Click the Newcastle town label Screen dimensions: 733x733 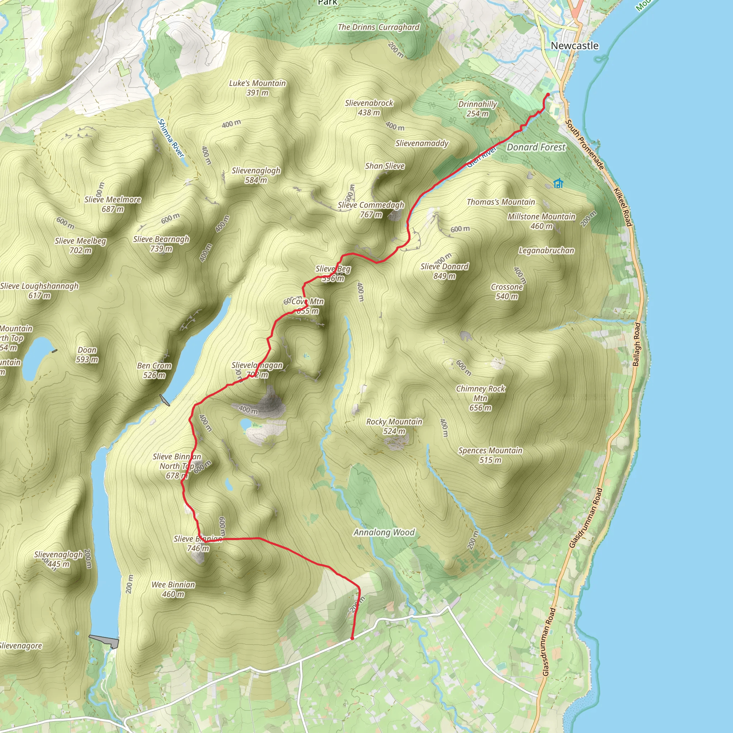(574, 46)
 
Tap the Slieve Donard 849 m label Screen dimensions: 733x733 (444, 271)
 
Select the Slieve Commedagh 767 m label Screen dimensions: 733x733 (371, 209)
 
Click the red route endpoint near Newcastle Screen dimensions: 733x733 (548, 94)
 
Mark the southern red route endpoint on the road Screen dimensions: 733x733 (352, 638)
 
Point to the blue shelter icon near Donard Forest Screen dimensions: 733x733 (558, 184)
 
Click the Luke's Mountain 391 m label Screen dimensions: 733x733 (257, 88)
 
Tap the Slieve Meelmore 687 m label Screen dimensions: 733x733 (113, 204)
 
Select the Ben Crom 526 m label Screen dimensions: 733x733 (154, 370)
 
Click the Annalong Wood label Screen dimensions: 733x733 (384, 532)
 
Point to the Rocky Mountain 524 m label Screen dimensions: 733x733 (394, 426)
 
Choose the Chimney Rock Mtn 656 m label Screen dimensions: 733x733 (480, 398)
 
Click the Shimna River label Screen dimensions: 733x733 (171, 138)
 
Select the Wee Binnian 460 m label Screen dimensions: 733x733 (173, 589)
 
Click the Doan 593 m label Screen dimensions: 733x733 (87, 354)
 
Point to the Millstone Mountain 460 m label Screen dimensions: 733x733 (542, 221)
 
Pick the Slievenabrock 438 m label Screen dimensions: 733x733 (369, 107)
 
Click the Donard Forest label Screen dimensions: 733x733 (536, 147)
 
